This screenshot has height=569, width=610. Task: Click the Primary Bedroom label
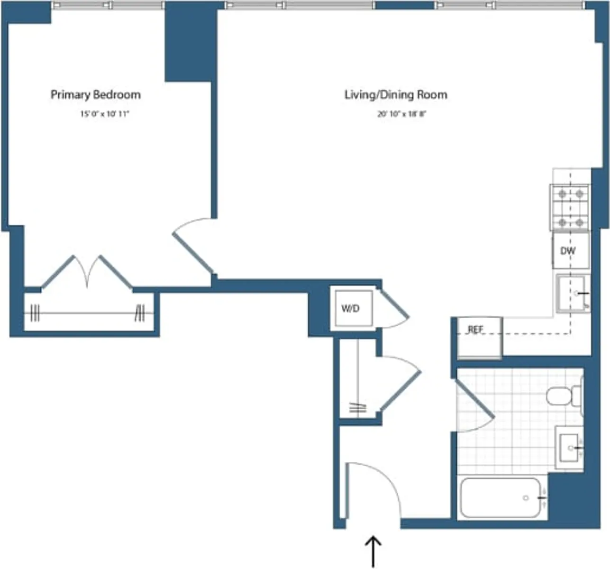pos(95,94)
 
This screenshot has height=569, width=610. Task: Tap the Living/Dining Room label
pos(395,95)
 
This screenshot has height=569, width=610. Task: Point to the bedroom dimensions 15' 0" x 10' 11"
pos(104,114)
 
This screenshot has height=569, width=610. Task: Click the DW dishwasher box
pos(569,250)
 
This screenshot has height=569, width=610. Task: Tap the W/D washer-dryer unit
pos(351,308)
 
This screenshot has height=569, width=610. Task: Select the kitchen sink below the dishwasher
pos(573,294)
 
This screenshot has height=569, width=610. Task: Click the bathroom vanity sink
pos(569,447)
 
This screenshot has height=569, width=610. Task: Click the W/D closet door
pos(395,306)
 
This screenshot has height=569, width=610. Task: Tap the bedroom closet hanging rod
pos(88,313)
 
